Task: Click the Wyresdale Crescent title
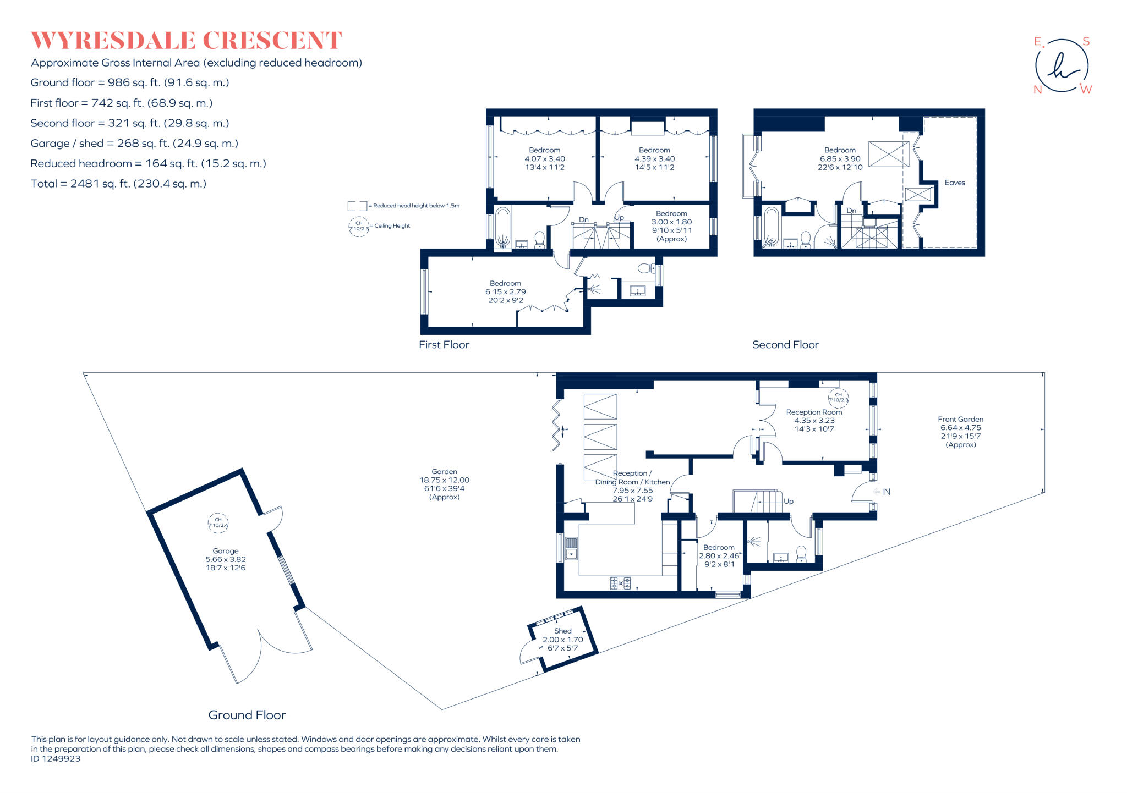(x=186, y=41)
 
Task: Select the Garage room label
(x=226, y=550)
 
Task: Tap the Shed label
(x=562, y=631)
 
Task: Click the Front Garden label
(x=960, y=419)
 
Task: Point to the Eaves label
(x=954, y=183)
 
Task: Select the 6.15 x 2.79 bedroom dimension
(x=505, y=292)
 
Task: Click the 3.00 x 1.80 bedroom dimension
(x=671, y=222)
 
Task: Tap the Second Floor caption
(x=785, y=345)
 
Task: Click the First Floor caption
(x=444, y=345)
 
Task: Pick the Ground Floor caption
(x=247, y=715)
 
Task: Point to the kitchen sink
(x=571, y=548)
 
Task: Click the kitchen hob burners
(x=621, y=583)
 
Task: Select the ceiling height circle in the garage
(x=218, y=522)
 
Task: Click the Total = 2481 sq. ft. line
(x=118, y=184)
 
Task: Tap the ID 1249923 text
(x=56, y=758)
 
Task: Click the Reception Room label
(x=814, y=412)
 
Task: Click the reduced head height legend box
(x=357, y=206)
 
